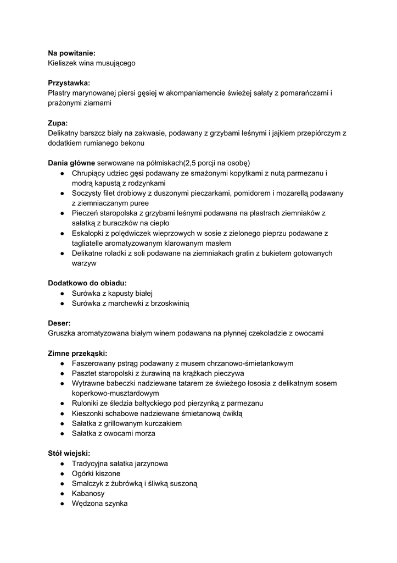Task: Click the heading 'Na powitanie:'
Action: tap(71, 53)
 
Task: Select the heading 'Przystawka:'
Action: tap(69, 83)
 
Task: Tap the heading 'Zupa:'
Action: tap(58, 123)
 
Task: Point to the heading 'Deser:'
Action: tap(59, 323)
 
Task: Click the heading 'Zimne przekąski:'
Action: tap(77, 353)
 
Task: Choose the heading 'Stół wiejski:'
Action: tap(69, 454)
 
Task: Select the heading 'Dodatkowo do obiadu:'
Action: tap(87, 283)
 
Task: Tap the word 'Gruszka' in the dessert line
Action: tap(63, 333)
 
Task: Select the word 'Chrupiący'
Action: tap(89, 173)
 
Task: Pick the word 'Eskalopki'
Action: tap(89, 233)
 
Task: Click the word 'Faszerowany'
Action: tap(94, 363)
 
